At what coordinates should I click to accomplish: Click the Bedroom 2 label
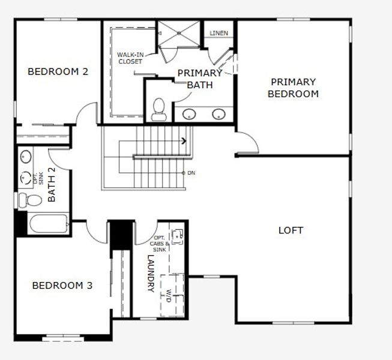click(58, 71)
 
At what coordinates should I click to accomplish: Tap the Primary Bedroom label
click(293, 88)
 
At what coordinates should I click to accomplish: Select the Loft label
click(291, 230)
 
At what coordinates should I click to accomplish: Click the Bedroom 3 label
click(62, 285)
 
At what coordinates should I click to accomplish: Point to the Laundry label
click(151, 274)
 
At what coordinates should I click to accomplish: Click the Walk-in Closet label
click(130, 58)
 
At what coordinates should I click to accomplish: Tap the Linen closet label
click(219, 33)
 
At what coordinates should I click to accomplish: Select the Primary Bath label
click(199, 79)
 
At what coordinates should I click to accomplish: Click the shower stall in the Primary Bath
click(180, 34)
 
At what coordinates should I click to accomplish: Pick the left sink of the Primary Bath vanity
click(190, 113)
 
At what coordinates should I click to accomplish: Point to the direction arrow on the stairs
click(184, 141)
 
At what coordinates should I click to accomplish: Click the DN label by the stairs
click(190, 173)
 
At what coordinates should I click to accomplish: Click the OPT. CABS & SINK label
click(160, 244)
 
